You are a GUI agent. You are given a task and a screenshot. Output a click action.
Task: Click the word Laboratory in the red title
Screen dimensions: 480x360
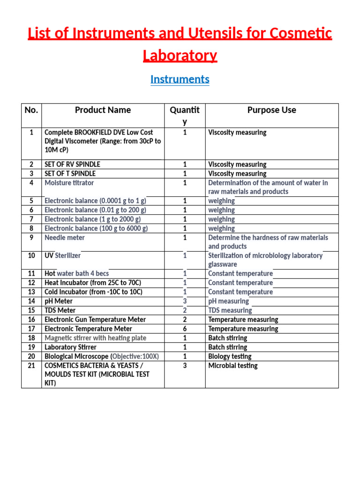pos(180,56)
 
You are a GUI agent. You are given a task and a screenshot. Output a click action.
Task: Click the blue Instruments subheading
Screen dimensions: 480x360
pos(180,79)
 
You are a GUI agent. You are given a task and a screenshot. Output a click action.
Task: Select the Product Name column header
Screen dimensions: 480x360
pos(103,110)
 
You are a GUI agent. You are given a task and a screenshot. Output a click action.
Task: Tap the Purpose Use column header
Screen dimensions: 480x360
pos(271,110)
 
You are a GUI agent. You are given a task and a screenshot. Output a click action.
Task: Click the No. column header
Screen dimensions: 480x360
pos(31,110)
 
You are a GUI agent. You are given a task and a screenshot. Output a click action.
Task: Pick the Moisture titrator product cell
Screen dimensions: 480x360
pos(69,183)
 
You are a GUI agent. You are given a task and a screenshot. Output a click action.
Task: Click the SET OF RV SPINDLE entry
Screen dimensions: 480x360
pos(72,165)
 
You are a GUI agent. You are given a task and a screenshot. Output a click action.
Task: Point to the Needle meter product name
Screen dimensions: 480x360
pos(65,238)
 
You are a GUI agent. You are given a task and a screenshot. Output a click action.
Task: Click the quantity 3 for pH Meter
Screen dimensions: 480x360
pos(185,301)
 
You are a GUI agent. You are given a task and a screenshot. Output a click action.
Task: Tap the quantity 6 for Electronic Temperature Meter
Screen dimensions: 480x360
pos(185,329)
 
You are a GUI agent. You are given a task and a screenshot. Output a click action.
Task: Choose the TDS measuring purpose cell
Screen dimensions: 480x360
pos(230,310)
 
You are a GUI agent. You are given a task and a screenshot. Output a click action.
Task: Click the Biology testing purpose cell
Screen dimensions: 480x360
pos(230,356)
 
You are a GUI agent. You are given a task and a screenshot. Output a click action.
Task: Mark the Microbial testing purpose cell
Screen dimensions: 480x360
pos(232,366)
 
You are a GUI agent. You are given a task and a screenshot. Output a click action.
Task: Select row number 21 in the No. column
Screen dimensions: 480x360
pos(31,366)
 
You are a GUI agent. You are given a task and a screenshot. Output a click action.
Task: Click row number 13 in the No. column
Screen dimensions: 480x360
pos(31,292)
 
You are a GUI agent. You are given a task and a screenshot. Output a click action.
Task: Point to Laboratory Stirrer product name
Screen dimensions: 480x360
pos(70,347)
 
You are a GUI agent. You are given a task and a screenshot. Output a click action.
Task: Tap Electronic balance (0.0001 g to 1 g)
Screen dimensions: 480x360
pos(95,201)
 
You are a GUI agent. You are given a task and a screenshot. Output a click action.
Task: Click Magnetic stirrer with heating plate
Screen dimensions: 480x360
pos(95,338)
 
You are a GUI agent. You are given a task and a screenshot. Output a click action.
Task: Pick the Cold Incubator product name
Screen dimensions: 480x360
pos(93,292)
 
